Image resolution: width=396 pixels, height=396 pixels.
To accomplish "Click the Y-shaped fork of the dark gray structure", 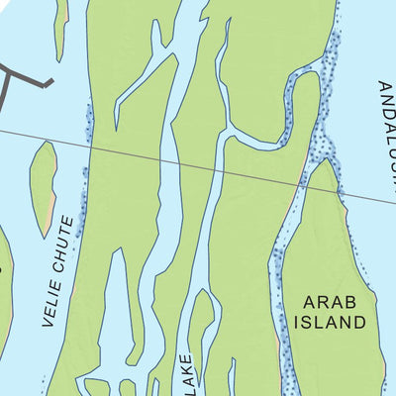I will click(x=8, y=79).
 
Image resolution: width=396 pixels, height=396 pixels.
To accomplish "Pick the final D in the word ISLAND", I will click(x=360, y=322).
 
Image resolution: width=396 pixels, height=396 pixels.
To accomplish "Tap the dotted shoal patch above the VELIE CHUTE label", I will click(x=85, y=183).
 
